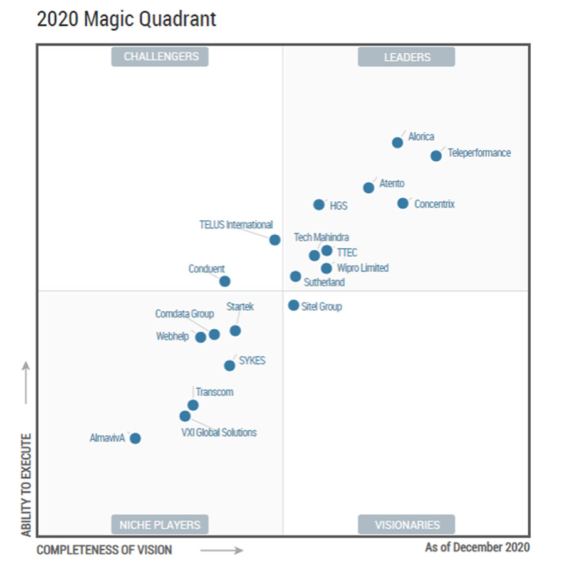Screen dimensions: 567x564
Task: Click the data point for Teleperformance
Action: coord(436,156)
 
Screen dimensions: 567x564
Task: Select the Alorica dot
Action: coord(397,142)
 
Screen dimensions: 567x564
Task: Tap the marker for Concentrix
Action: coord(403,203)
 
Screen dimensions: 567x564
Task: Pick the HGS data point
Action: coord(319,204)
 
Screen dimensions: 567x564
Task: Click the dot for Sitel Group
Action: coord(293,305)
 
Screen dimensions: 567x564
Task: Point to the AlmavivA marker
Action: coord(135,438)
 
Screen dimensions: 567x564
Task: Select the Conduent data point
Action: coord(225,282)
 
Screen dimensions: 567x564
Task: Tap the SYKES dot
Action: coord(229,366)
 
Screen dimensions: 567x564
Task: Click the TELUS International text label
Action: coord(236,225)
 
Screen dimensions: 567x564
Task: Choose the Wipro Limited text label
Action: coord(363,268)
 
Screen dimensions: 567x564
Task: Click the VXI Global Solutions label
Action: coord(219,432)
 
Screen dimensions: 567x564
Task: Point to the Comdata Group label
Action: coord(185,314)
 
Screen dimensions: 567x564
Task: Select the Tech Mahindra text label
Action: coord(321,238)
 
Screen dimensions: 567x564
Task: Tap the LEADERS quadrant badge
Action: coord(407,57)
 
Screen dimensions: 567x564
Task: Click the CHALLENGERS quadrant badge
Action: coord(160,56)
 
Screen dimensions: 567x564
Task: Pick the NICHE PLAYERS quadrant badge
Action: coord(160,525)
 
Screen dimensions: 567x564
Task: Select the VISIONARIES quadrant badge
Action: coord(407,525)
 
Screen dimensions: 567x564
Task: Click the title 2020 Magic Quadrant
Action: coord(127,19)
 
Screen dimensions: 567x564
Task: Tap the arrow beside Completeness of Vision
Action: coord(222,551)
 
